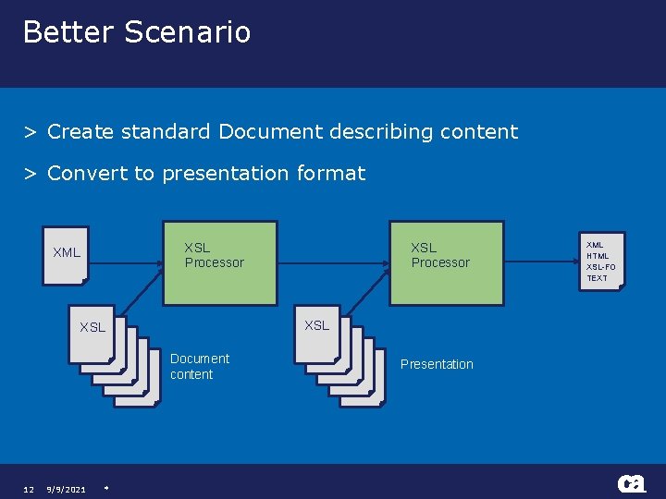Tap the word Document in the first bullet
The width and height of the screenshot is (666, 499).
265,131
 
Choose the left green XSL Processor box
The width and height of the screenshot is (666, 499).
220,263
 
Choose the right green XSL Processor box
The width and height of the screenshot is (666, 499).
447,263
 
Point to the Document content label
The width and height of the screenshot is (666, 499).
200,366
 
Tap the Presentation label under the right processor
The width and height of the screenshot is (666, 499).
437,364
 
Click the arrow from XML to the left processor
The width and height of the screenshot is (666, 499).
125,263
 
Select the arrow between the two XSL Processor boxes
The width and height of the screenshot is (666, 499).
333,263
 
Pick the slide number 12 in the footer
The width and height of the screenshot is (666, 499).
29,489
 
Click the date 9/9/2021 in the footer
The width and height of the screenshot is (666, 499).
67,489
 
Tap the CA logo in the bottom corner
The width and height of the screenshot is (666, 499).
632,484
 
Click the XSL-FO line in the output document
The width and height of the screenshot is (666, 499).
600,267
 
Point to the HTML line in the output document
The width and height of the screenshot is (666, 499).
598,256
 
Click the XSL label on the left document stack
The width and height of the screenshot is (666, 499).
92,327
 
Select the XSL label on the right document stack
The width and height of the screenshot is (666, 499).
317,325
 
